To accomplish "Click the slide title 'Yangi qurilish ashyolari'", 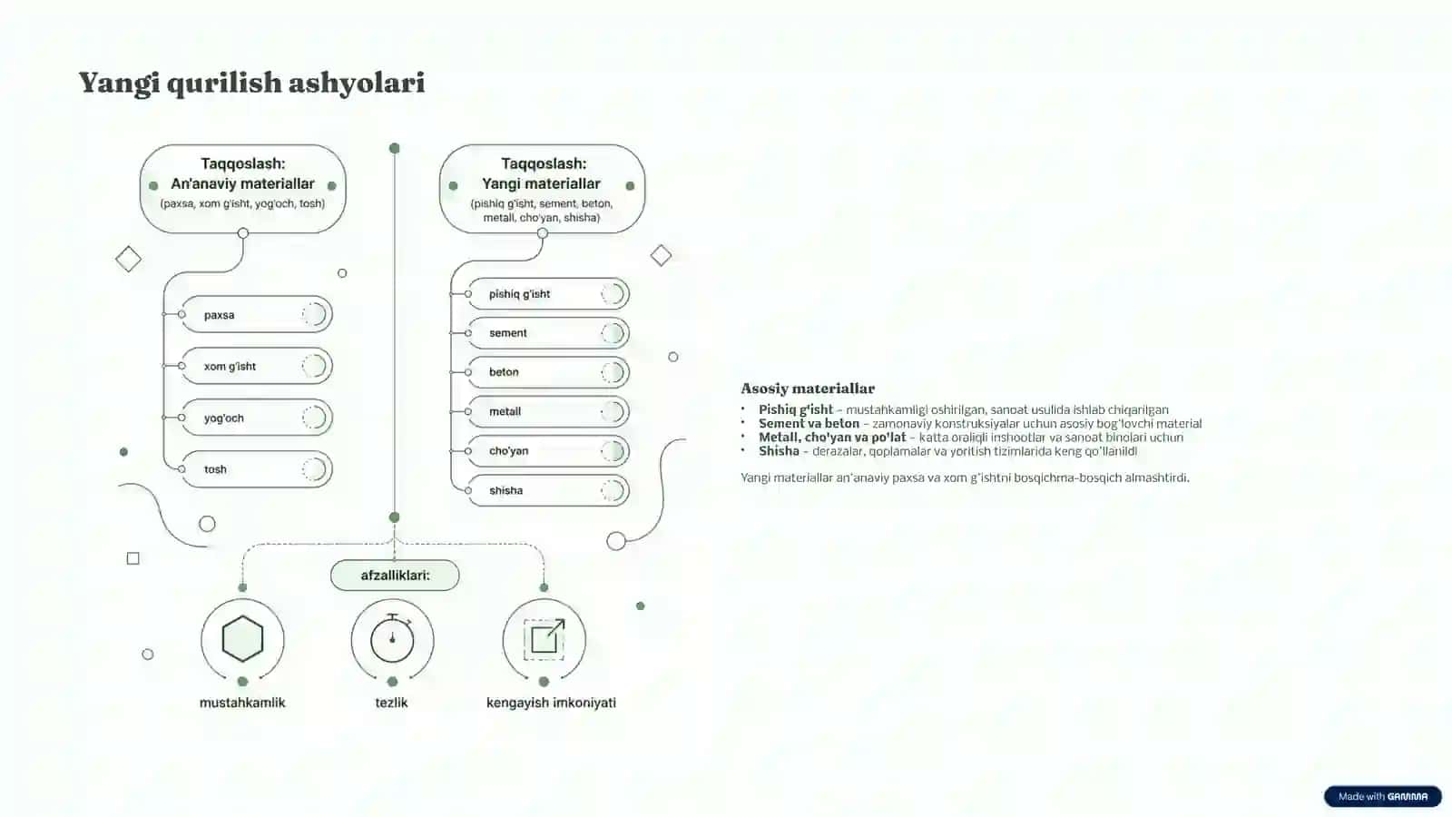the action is coord(251,84).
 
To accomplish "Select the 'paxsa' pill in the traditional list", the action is coord(258,314).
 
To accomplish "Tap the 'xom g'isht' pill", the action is coord(258,367).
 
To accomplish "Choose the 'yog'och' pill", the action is coord(258,418).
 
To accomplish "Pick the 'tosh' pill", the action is coord(258,468).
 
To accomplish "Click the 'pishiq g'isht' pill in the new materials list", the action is coord(548,294).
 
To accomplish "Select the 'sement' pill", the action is coord(548,333).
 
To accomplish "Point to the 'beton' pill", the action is coord(548,372).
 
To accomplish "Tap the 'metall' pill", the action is coord(548,412).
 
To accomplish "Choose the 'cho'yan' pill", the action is coord(548,450).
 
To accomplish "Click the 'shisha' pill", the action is coord(548,490).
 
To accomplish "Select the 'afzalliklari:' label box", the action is coord(395,576).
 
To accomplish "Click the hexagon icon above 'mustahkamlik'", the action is coord(242,639).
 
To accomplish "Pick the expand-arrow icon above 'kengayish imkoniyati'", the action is coord(544,639).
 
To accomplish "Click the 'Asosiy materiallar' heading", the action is coord(808,389).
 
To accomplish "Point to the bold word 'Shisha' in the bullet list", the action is coord(779,450).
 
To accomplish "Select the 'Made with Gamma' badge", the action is coord(1382,796).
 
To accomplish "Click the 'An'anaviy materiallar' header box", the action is coord(242,189).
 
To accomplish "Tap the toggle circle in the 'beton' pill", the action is coord(612,372).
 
